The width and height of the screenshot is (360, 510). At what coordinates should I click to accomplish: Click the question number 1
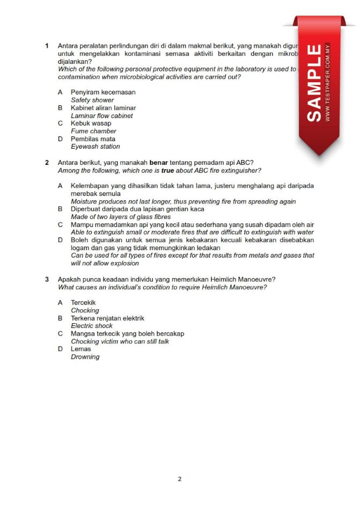[47, 46]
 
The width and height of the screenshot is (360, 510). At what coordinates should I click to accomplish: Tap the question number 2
[47, 162]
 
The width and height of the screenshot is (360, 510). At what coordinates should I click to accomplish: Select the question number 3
[47, 279]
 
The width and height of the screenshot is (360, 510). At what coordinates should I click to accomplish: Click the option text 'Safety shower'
[92, 100]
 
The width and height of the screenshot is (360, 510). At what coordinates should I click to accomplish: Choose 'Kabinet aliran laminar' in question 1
[103, 108]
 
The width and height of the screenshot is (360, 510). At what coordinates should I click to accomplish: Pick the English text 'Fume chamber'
[93, 131]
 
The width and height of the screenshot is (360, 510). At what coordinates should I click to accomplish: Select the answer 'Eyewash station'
[95, 147]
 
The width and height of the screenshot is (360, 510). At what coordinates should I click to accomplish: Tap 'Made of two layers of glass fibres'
[121, 217]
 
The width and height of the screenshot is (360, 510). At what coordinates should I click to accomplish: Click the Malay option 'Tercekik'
[83, 303]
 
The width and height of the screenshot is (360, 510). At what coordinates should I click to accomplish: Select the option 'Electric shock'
[92, 326]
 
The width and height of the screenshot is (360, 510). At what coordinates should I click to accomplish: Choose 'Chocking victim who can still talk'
[120, 341]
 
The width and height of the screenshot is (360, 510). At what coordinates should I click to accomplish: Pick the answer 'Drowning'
[85, 357]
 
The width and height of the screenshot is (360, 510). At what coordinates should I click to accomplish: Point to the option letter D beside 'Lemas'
[60, 349]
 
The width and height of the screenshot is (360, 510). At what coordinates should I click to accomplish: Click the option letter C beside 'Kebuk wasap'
[60, 123]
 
